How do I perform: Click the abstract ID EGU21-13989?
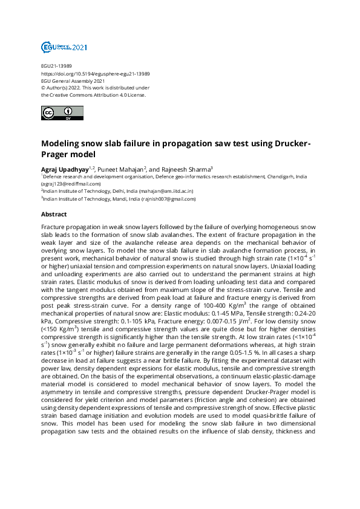coord(57,66)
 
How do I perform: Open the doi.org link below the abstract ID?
coord(95,74)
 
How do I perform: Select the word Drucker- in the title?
coord(290,144)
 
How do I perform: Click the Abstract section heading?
coord(54,214)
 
